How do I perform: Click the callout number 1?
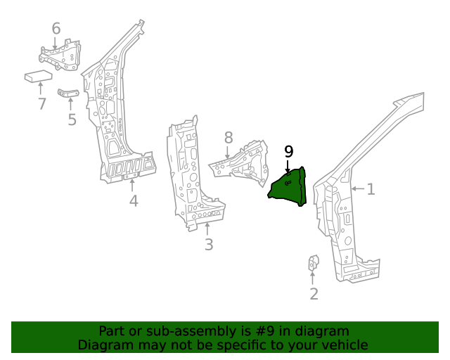click(371, 188)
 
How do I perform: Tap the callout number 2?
click(314, 294)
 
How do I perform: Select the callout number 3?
click(208, 245)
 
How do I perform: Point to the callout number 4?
click(133, 202)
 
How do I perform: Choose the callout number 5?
click(72, 120)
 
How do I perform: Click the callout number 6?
click(56, 29)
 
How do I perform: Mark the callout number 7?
click(41, 104)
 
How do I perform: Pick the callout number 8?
click(229, 137)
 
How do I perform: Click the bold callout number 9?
click(288, 151)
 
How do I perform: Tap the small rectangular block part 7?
click(39, 76)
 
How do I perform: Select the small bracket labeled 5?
click(67, 93)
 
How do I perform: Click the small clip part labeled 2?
click(314, 263)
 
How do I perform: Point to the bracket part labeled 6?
click(62, 55)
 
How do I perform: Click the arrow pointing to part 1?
click(356, 188)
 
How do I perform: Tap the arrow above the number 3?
click(208, 228)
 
